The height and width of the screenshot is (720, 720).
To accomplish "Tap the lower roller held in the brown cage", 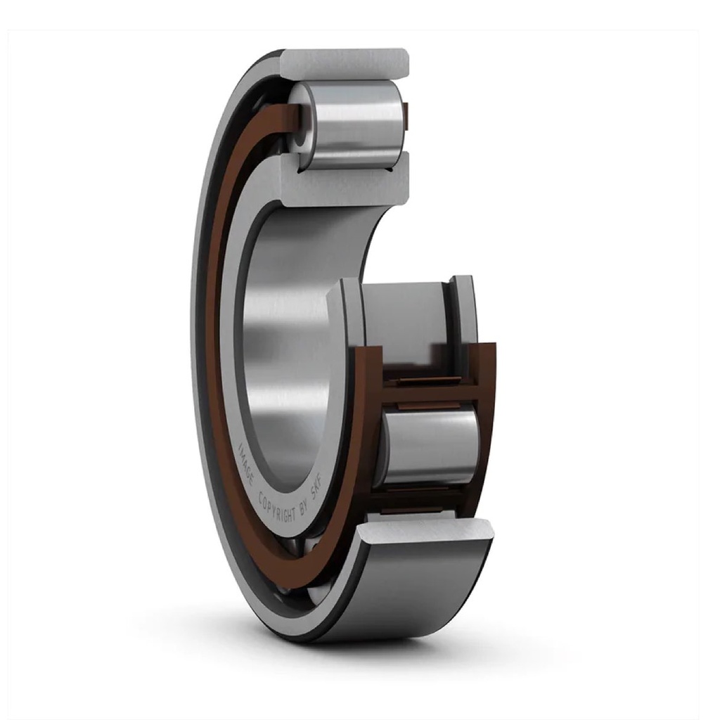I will [429, 446].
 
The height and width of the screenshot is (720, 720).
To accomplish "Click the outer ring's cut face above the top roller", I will [345, 64].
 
